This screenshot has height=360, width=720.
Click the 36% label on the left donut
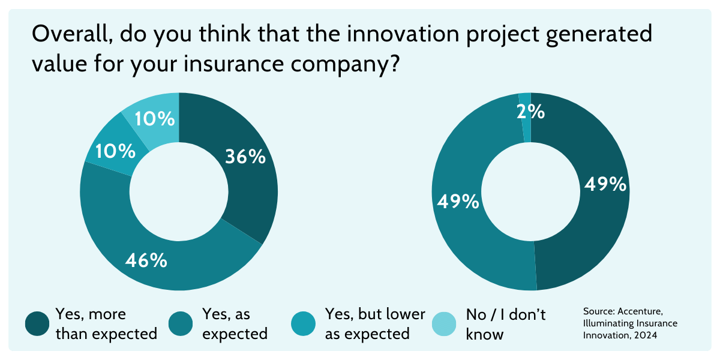[245, 157]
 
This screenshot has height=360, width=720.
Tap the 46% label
[146, 260]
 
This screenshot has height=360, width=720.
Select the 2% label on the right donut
[531, 112]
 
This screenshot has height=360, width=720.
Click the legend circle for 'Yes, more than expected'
[37, 324]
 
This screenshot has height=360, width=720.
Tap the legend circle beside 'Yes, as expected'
[181, 324]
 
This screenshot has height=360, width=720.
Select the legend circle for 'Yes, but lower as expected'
[304, 324]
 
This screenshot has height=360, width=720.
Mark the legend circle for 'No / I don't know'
[445, 324]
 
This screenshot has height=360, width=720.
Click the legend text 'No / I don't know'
[505, 324]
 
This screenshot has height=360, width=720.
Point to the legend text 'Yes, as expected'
[235, 324]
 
